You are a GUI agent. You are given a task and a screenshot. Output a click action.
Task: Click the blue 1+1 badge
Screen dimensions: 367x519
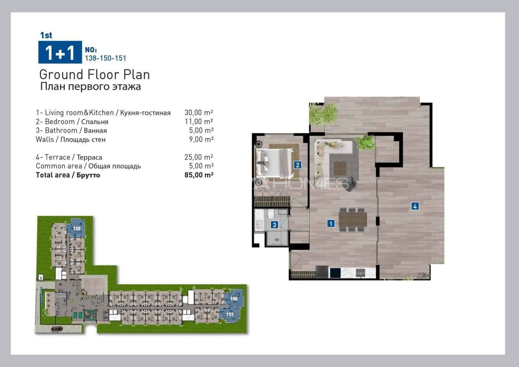(60, 52)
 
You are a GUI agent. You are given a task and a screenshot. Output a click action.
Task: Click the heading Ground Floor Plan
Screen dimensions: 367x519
(94, 75)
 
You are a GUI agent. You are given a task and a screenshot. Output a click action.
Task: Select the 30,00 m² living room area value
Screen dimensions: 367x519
(199, 113)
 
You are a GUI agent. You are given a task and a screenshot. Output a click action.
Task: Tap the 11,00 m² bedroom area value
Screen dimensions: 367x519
(199, 122)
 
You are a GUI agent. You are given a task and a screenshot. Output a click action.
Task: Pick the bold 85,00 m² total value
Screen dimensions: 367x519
(199, 175)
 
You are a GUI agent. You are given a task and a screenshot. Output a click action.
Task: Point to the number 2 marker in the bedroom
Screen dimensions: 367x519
(298, 165)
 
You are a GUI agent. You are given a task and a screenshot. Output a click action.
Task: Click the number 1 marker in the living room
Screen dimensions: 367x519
(331, 223)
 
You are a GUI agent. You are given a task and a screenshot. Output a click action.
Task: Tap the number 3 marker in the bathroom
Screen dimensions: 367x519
(275, 225)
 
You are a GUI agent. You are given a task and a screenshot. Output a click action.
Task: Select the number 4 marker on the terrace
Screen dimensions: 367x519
(415, 206)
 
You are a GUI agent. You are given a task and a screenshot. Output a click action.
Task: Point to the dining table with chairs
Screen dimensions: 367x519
(352, 219)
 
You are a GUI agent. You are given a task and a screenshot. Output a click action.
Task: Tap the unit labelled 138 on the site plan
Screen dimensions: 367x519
(77, 228)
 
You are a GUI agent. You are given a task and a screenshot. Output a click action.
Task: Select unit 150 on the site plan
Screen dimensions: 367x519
(234, 299)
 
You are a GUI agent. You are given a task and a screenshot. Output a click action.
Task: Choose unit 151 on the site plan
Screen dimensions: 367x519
(229, 314)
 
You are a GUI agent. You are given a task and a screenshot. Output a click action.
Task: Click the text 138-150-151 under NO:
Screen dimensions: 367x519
(105, 58)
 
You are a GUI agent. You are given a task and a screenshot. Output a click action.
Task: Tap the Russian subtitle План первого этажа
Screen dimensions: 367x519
(90, 86)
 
